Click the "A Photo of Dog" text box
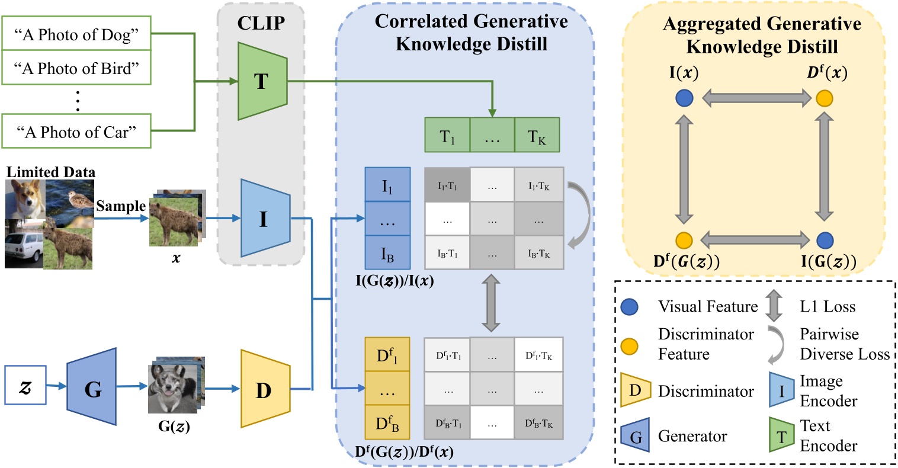click(x=76, y=36)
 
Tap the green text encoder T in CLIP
click(x=261, y=81)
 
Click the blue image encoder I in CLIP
click(x=264, y=220)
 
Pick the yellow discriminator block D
click(x=264, y=389)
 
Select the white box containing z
click(x=25, y=385)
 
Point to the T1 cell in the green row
click(x=447, y=136)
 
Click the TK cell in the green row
click(x=537, y=136)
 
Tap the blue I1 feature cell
click(x=387, y=185)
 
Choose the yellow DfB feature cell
click(x=387, y=422)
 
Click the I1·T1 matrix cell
click(x=447, y=185)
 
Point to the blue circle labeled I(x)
click(x=684, y=98)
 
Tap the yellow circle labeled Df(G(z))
click(x=684, y=240)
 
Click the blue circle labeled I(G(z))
click(x=825, y=240)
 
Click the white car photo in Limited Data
click(x=24, y=244)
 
